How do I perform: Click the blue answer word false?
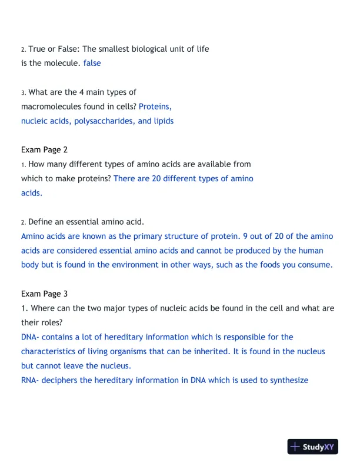[x=92, y=63]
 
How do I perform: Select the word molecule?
[x=61, y=63]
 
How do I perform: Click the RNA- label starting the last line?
[x=31, y=380]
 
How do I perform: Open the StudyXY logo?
[x=313, y=447]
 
